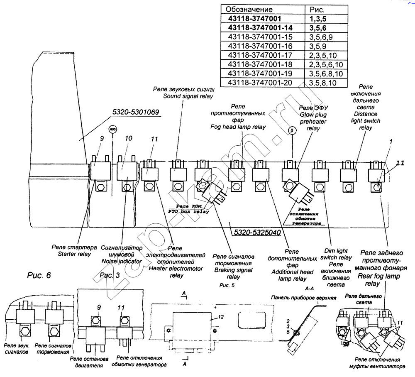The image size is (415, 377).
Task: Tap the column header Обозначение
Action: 249,10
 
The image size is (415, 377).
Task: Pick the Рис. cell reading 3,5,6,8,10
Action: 326,73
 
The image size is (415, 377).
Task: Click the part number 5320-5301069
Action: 136,113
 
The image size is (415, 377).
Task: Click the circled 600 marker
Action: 112,129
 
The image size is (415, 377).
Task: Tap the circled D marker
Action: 292,130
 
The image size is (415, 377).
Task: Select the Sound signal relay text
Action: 188,96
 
